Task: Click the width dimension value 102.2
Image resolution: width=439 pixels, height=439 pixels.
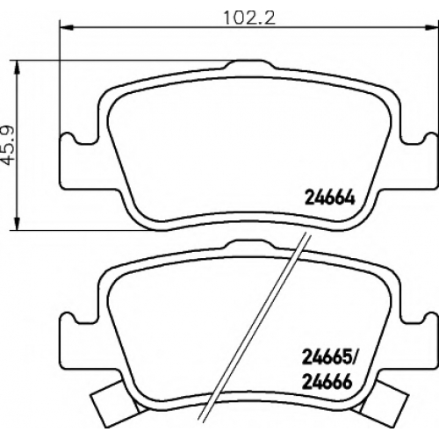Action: (x=249, y=18)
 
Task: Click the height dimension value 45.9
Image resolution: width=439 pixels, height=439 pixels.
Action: (x=9, y=146)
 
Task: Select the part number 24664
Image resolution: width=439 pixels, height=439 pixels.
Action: (x=330, y=199)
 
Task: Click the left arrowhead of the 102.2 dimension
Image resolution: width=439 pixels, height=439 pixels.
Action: (x=66, y=28)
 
